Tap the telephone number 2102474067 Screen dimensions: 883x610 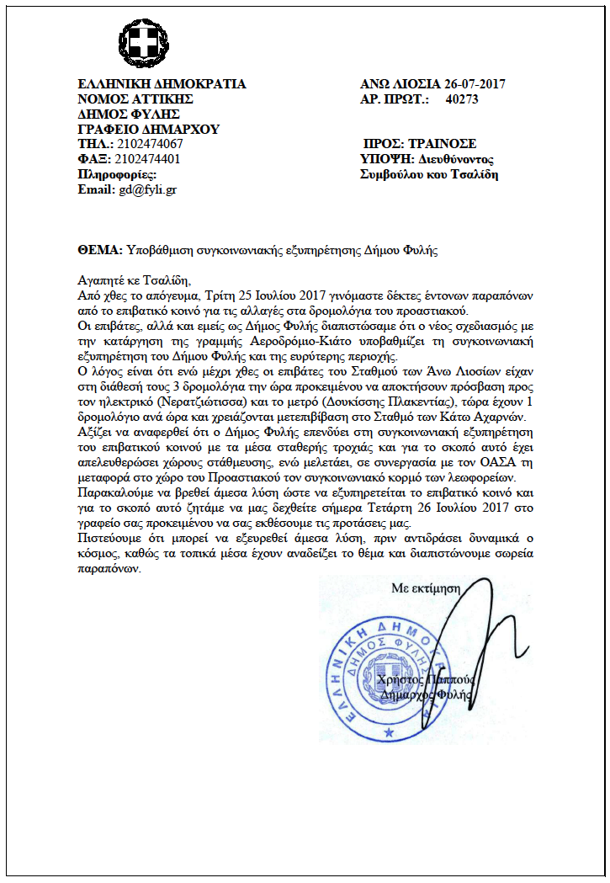tap(151, 145)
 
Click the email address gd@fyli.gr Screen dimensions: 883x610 tap(149, 190)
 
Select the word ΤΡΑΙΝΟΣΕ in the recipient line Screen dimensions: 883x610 tap(446, 144)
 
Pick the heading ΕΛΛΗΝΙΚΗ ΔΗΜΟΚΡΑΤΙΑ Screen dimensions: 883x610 tap(162, 84)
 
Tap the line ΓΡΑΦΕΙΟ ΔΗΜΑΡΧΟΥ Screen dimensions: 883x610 tap(148, 130)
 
